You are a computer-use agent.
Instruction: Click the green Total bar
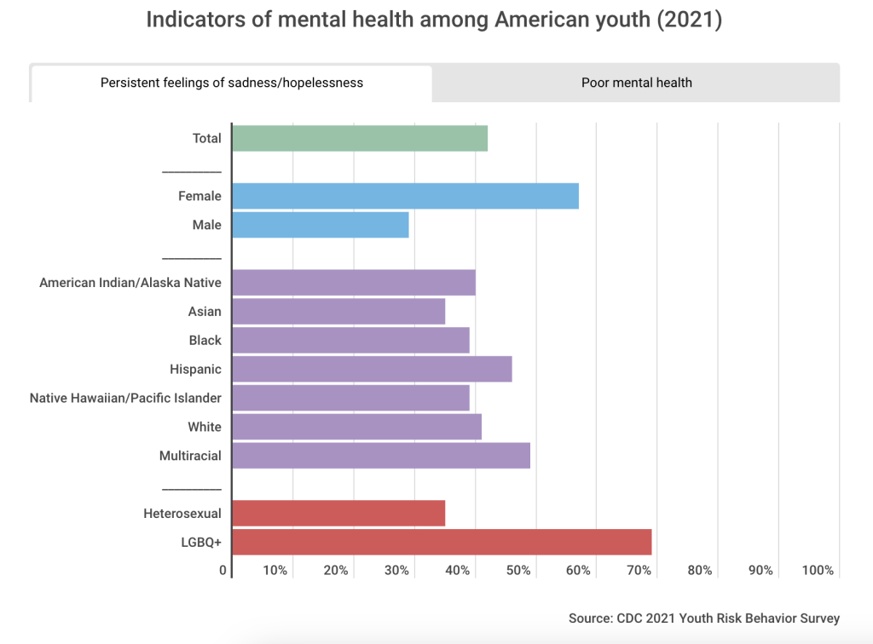click(x=359, y=138)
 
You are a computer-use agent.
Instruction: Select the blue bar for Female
click(x=405, y=196)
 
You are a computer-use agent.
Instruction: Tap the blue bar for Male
click(x=320, y=225)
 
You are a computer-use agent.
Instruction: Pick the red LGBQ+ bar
click(x=442, y=542)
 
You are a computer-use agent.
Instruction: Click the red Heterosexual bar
click(x=338, y=514)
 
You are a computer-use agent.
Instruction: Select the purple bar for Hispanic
click(x=372, y=369)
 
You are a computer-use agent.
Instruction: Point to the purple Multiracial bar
click(x=381, y=456)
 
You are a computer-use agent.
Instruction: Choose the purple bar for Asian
click(x=338, y=312)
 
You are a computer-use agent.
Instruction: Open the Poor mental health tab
click(x=636, y=83)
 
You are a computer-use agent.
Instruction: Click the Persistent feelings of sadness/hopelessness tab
click(x=232, y=83)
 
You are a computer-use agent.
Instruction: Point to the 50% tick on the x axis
click(x=518, y=570)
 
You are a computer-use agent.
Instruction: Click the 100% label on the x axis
click(x=818, y=570)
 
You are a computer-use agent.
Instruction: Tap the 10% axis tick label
click(x=275, y=570)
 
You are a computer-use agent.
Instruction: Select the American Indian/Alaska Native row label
click(x=130, y=283)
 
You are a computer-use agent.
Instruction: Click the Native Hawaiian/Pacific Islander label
click(x=125, y=398)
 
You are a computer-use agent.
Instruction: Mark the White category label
click(x=205, y=427)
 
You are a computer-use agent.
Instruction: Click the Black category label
click(x=205, y=340)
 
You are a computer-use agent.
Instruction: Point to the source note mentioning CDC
click(x=704, y=618)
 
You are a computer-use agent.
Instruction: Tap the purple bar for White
click(x=356, y=427)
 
